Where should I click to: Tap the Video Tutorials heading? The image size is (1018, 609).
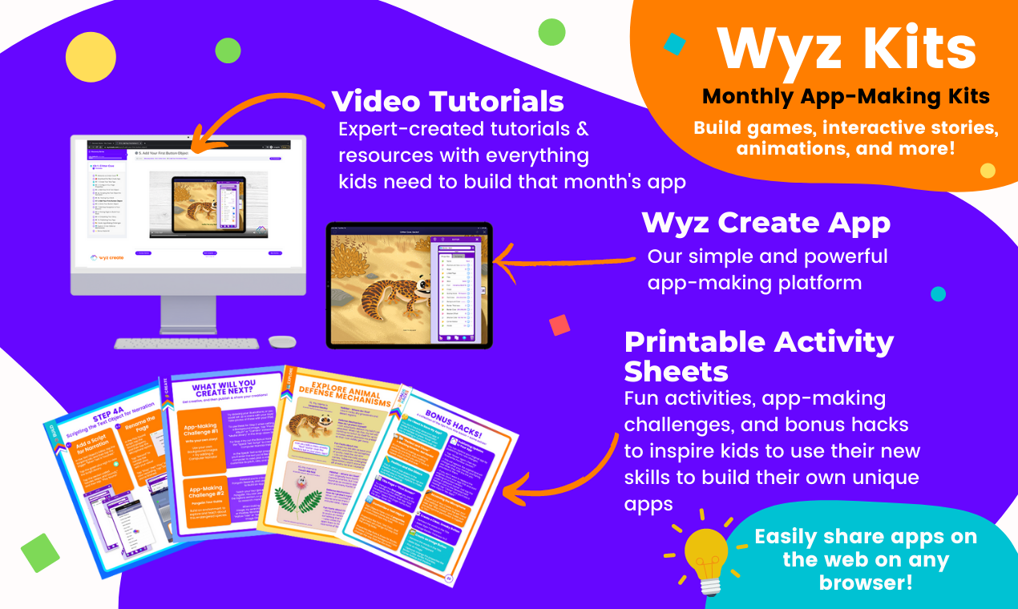447,102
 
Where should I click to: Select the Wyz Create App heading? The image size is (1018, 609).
766,224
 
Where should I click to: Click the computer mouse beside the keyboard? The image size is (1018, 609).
282,341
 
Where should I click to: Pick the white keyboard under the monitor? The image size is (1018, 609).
187,343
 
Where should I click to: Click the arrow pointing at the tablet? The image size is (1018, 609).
561,260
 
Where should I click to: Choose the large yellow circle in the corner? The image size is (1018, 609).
91,58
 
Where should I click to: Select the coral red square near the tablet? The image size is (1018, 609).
559,325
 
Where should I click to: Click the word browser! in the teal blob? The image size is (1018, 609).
865,582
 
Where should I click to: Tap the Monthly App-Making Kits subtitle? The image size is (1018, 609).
846,97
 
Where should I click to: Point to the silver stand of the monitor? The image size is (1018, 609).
188,313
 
